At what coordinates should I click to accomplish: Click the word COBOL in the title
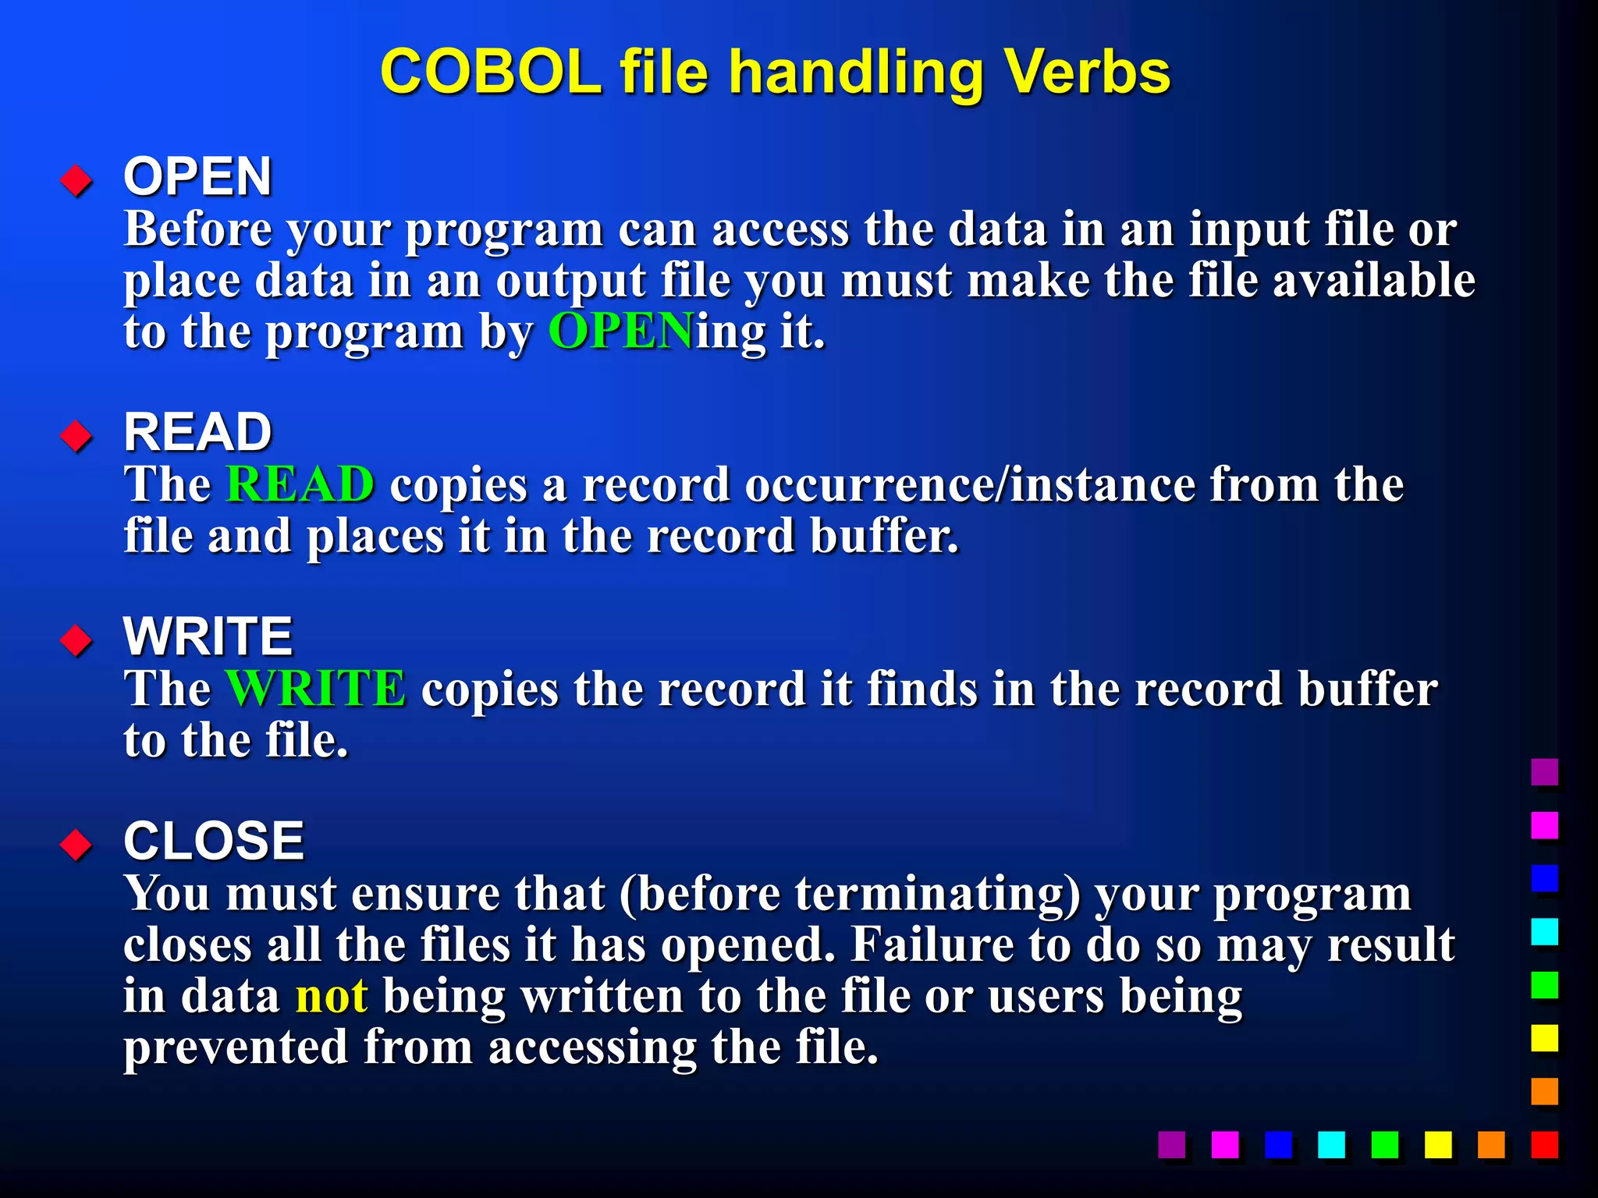pyautogui.click(x=490, y=73)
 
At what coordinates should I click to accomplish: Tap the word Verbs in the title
pyautogui.click(x=1087, y=73)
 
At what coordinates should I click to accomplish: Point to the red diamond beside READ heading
pyautogui.click(x=76, y=436)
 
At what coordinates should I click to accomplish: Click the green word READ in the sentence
pyautogui.click(x=300, y=484)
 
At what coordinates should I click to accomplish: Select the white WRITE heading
pyautogui.click(x=208, y=636)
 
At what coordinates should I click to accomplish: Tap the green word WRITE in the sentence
pyautogui.click(x=315, y=689)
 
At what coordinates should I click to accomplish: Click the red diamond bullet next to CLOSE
pyautogui.click(x=76, y=845)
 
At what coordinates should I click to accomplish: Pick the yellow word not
pyautogui.click(x=332, y=996)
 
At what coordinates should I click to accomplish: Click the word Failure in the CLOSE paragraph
pyautogui.click(x=932, y=945)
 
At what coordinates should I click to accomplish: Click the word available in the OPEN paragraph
pyautogui.click(x=1374, y=281)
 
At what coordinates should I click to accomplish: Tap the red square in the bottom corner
pyautogui.click(x=1544, y=1144)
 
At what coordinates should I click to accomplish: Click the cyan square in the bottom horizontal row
pyautogui.click(x=1331, y=1144)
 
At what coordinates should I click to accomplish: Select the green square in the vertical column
pyautogui.click(x=1544, y=984)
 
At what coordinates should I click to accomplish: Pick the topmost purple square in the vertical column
pyautogui.click(x=1544, y=771)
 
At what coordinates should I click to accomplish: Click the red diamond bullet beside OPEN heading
pyautogui.click(x=76, y=181)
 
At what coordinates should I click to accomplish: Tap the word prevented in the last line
pyautogui.click(x=236, y=1047)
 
